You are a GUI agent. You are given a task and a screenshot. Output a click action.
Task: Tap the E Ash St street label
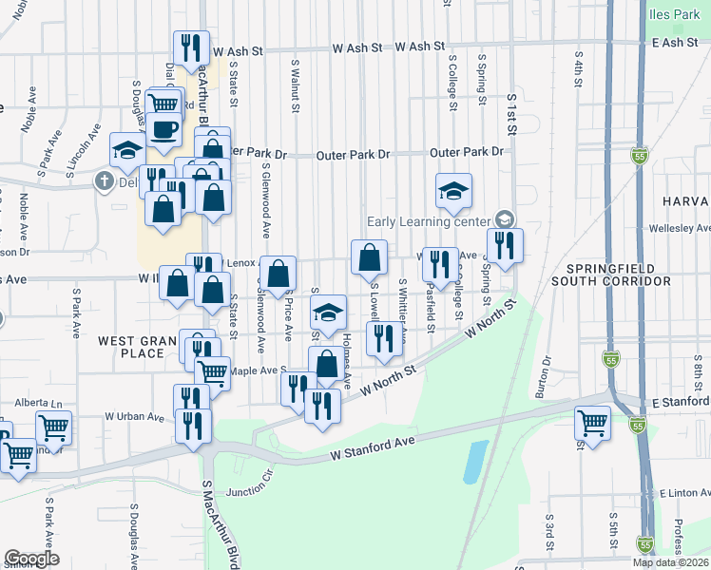tap(674, 44)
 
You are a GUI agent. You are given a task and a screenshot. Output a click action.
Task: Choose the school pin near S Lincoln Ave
tap(127, 149)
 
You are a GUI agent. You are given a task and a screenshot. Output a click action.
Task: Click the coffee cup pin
tap(163, 129)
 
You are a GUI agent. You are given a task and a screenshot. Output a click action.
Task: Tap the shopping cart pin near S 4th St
tap(593, 422)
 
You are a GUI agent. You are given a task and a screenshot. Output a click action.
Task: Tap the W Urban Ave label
tap(135, 416)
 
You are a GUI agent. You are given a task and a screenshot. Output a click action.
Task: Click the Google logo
tap(31, 560)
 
